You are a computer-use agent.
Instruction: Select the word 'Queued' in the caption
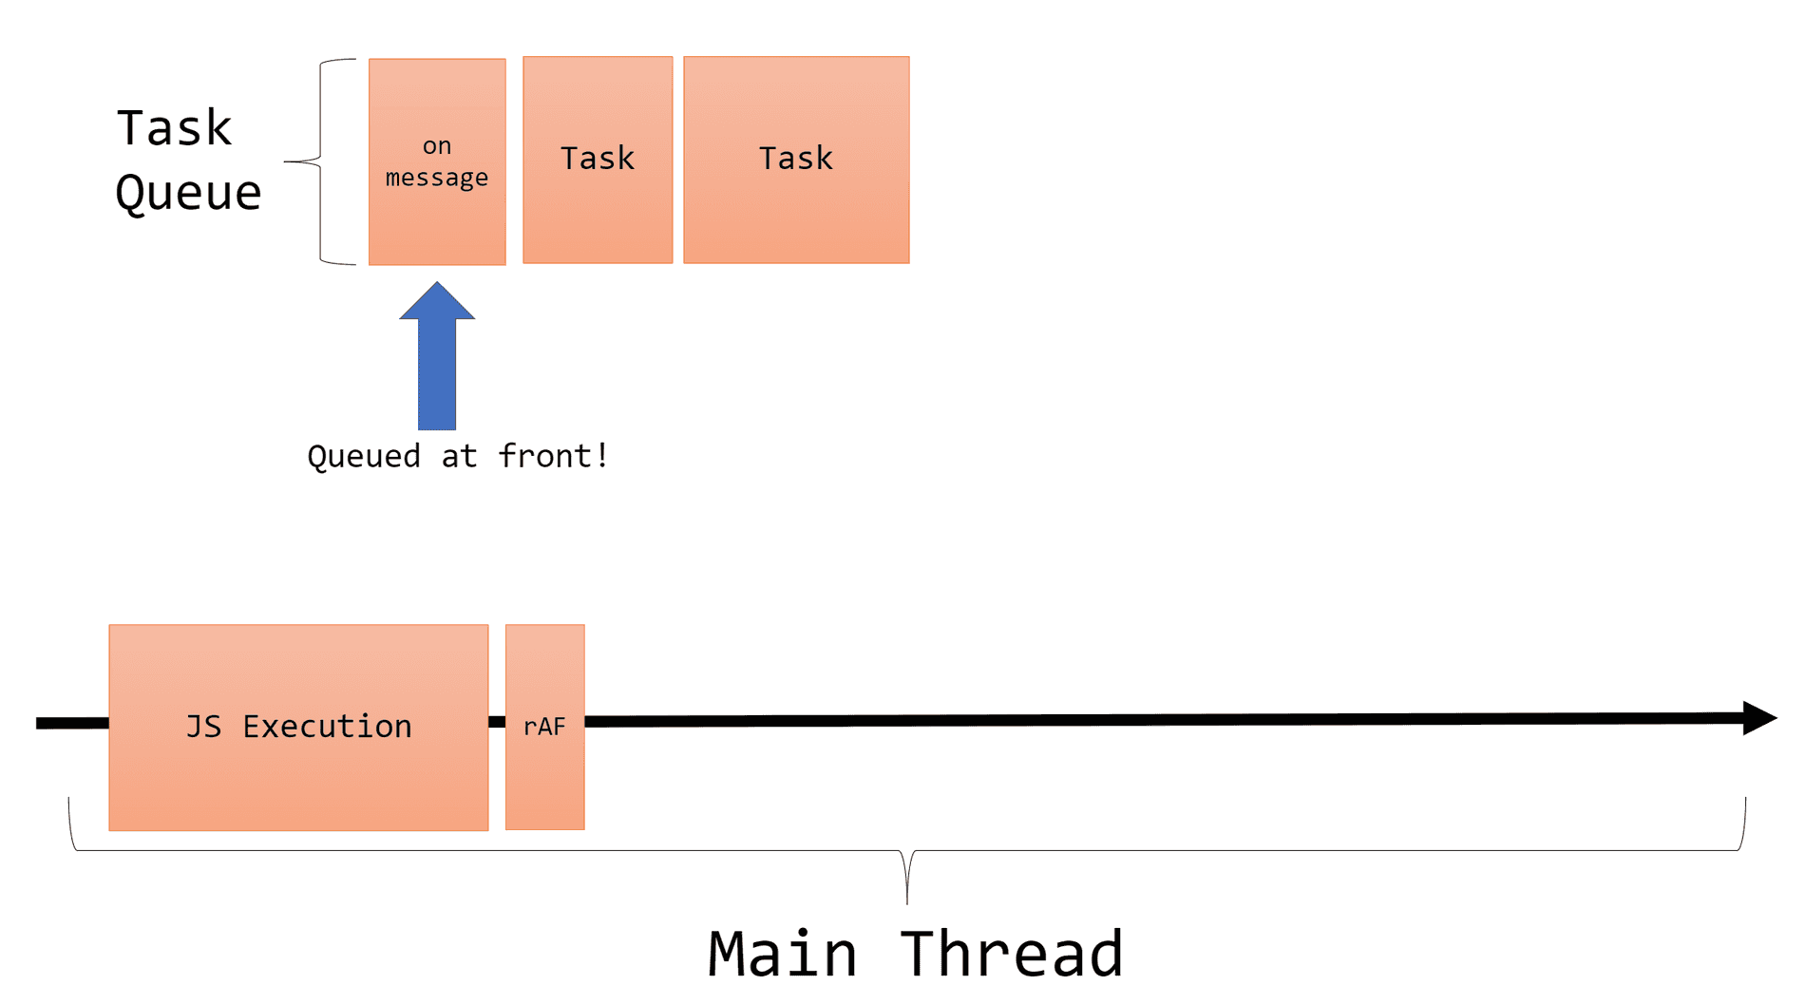364,457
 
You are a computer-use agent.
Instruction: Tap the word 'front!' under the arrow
553,457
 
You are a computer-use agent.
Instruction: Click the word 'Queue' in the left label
188,193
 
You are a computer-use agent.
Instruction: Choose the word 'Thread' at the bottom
1012,954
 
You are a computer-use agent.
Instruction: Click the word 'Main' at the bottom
783,954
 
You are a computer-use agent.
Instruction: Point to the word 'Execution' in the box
327,727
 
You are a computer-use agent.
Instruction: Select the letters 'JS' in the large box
203,727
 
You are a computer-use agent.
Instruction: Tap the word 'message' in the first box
437,178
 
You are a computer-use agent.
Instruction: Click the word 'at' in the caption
459,457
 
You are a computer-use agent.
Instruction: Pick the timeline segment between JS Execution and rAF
497,722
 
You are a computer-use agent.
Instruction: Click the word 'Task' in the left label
174,128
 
